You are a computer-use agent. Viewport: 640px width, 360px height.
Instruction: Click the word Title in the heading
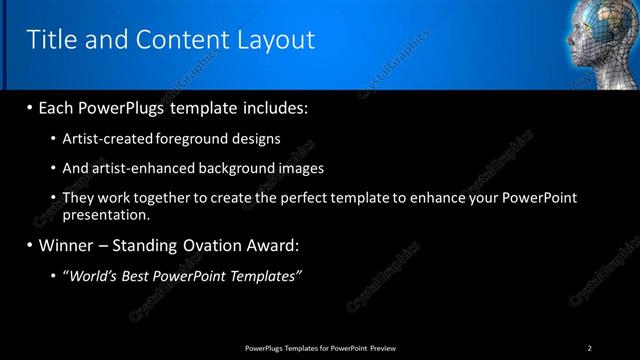click(53, 40)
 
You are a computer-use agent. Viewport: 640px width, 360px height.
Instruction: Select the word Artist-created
click(108, 138)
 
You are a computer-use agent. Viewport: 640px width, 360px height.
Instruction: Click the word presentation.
click(106, 214)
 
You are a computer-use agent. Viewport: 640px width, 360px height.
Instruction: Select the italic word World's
click(94, 275)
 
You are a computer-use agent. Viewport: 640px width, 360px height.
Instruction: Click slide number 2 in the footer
click(589, 347)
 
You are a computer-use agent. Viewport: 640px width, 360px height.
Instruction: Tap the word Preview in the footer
click(382, 347)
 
